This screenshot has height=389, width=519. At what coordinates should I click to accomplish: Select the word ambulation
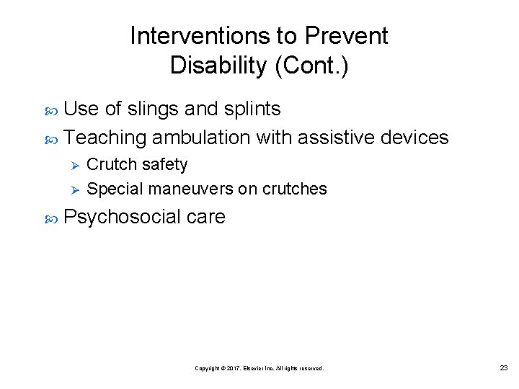pyautogui.click(x=201, y=137)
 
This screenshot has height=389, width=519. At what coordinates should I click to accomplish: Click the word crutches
pyautogui.click(x=295, y=189)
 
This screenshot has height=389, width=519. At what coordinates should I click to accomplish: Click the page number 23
pyautogui.click(x=504, y=368)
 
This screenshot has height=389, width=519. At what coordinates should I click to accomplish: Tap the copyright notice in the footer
pyautogui.click(x=259, y=368)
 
